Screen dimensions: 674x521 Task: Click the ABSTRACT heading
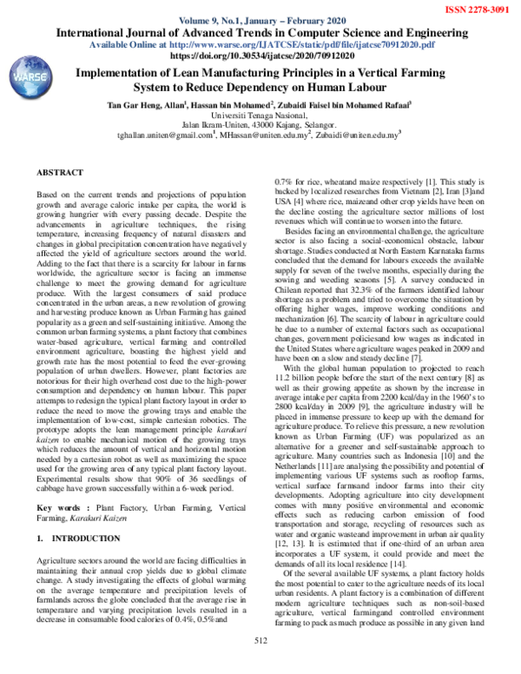click(63, 174)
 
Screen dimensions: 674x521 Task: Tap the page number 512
click(261, 664)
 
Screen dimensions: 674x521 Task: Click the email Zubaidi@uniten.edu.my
click(356, 135)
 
